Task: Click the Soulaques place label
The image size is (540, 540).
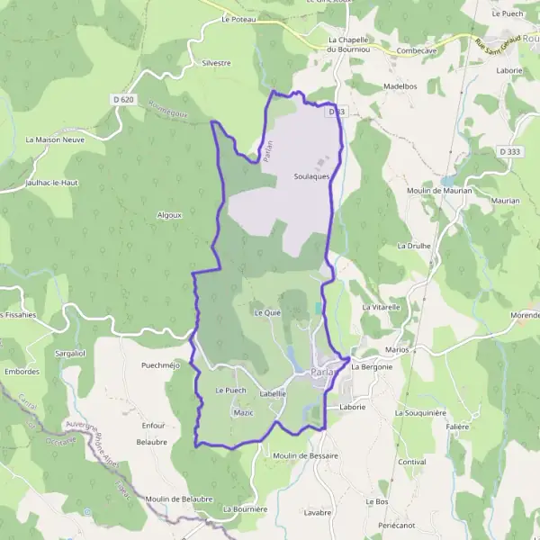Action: [x=310, y=176]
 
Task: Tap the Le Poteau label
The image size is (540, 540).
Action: [x=238, y=18]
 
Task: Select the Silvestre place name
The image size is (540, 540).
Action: [x=217, y=63]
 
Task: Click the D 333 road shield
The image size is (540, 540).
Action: [x=510, y=153]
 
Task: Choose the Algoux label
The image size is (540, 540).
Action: [x=169, y=215]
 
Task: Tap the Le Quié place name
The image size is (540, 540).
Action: [x=268, y=313]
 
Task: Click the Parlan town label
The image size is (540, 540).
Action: [x=321, y=373]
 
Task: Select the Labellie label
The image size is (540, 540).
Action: [x=273, y=393]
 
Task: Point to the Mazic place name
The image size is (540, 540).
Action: [x=243, y=412]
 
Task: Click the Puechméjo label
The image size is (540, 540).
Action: [x=161, y=365]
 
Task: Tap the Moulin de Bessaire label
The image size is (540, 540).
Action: [x=306, y=456]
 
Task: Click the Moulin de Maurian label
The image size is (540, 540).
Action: [x=433, y=191]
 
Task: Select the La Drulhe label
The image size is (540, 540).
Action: [x=415, y=245]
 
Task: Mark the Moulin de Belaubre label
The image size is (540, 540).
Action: [x=178, y=499]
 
